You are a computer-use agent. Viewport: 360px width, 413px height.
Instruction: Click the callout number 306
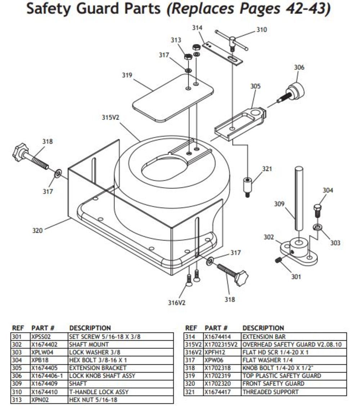[299, 67]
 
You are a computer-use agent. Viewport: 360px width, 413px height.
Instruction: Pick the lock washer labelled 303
[318, 227]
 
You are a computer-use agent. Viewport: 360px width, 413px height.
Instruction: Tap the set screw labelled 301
[278, 260]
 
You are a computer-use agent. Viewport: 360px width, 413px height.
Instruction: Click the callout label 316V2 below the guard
[176, 303]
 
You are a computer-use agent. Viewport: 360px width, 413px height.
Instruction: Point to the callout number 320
[37, 230]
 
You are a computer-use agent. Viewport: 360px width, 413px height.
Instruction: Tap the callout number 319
[127, 75]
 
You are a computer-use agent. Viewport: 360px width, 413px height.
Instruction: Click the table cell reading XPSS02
[40, 337]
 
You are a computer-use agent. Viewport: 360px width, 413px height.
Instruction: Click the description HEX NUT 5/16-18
[93, 400]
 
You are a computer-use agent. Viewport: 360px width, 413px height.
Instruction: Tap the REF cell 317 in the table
[190, 360]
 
